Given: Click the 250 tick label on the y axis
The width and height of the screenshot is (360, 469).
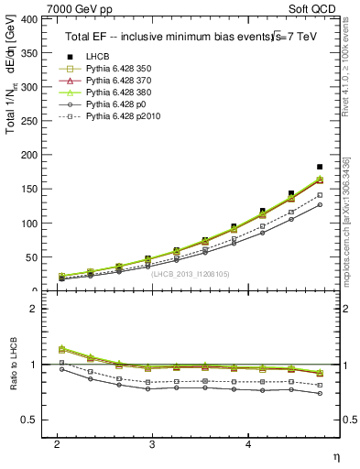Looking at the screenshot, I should pos(34,121).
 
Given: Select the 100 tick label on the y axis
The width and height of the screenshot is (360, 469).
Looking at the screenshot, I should pos(34,223).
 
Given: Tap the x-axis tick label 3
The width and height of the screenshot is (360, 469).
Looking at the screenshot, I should pos(152,443).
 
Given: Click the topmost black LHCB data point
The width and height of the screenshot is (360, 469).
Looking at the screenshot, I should pos(320,167).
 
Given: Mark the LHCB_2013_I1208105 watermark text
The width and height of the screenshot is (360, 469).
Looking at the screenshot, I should pos(191,273).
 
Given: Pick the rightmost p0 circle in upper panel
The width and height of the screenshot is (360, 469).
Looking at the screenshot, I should pos(320,204).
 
